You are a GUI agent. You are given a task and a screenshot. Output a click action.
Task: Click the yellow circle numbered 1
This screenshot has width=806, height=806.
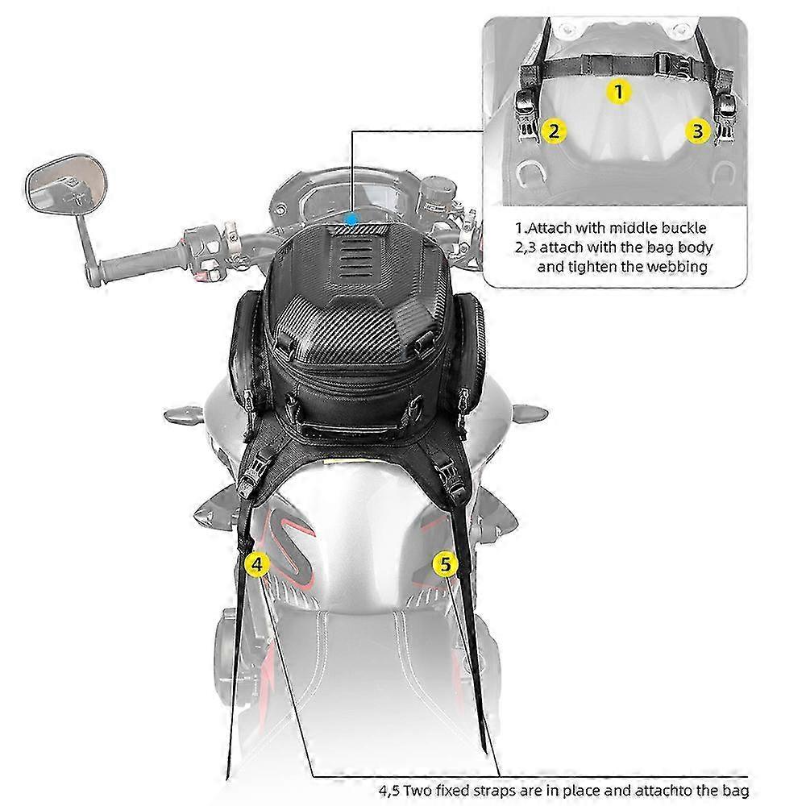click(x=619, y=92)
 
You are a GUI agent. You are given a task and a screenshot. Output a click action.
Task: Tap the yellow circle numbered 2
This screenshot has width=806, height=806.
click(x=554, y=131)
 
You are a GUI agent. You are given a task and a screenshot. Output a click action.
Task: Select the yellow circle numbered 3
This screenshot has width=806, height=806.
click(x=697, y=131)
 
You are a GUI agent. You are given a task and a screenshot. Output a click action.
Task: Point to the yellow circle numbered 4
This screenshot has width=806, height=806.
click(x=257, y=564)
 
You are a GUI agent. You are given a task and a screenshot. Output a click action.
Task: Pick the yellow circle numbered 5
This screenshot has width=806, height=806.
click(x=445, y=564)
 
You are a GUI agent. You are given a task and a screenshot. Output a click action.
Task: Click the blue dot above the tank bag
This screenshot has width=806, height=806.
click(x=351, y=220)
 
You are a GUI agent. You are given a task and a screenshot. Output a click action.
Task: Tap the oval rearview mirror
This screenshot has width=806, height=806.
click(x=66, y=184)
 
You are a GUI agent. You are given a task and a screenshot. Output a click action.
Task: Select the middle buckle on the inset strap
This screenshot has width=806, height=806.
click(x=669, y=66)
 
